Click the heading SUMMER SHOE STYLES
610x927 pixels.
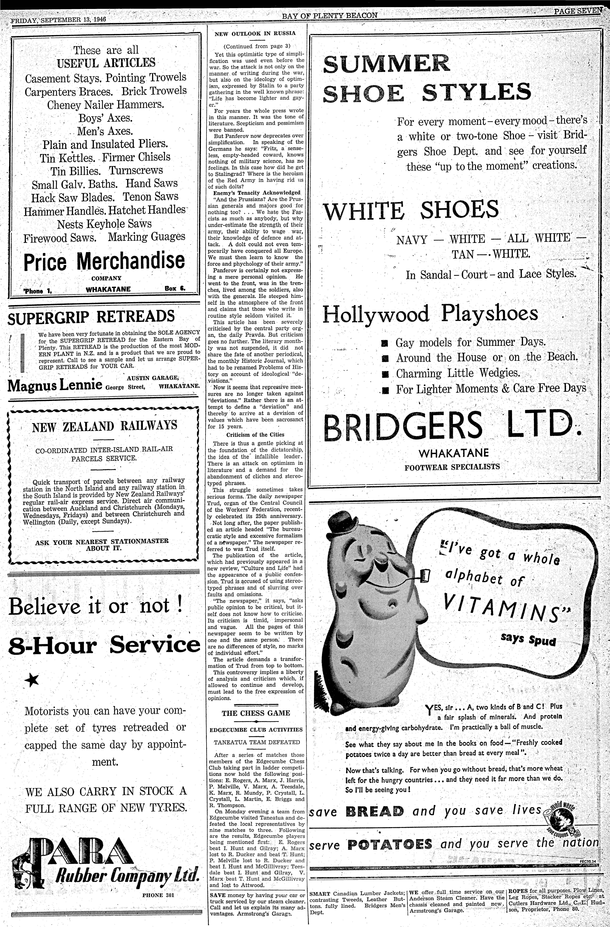tap(427, 78)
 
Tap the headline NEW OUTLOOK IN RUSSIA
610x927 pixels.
tap(255, 34)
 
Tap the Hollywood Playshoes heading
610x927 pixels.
tap(430, 314)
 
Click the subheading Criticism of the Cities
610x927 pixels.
tap(255, 435)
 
